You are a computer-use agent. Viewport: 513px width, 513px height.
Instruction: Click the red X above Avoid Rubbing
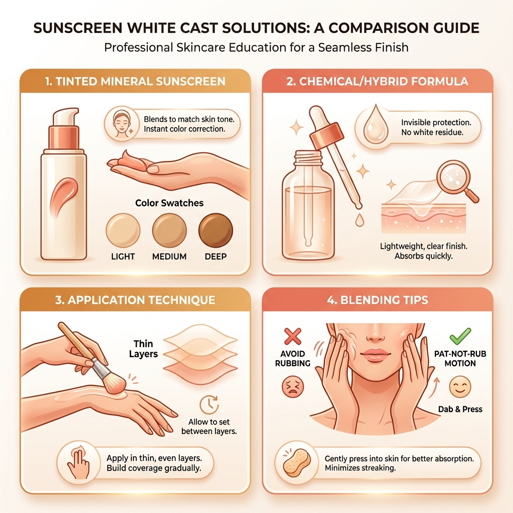coord(293,336)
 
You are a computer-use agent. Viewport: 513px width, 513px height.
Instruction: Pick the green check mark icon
coord(460,336)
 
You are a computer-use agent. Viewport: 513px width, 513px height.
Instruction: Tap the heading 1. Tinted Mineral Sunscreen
coord(135,81)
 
